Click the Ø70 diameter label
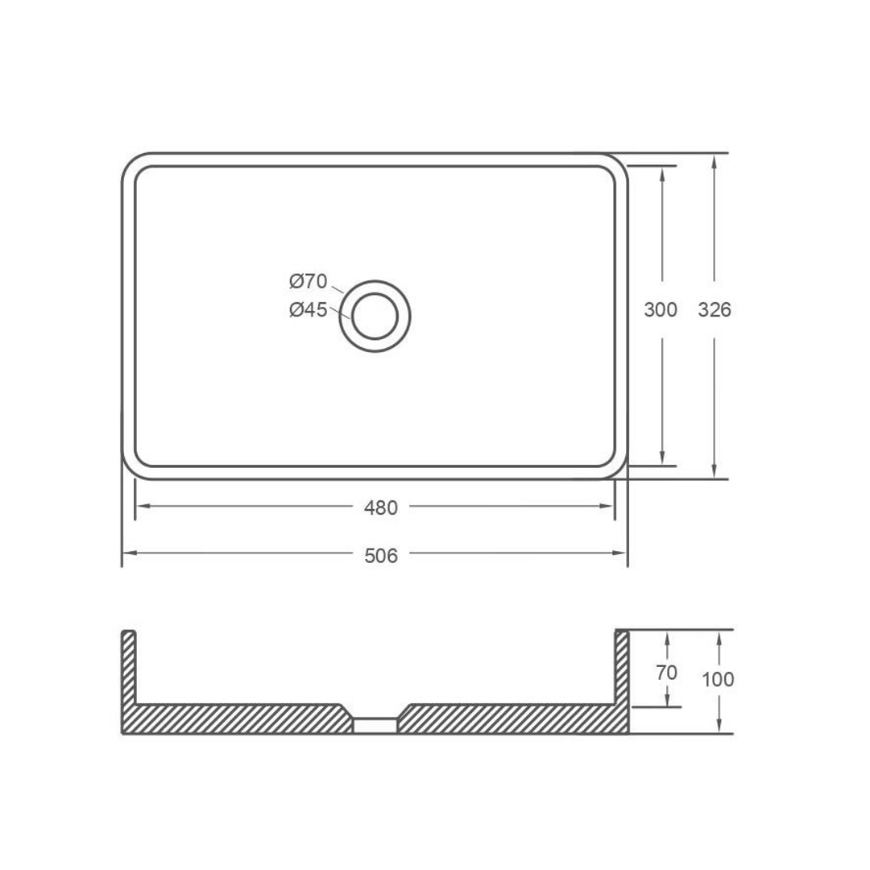308,282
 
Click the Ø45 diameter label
308,309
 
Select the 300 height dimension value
661,309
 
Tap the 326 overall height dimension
715,309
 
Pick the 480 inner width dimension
380,508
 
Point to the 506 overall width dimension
380,556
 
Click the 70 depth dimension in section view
666,673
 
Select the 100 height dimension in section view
718,680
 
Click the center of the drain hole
375,316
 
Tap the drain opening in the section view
375,725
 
